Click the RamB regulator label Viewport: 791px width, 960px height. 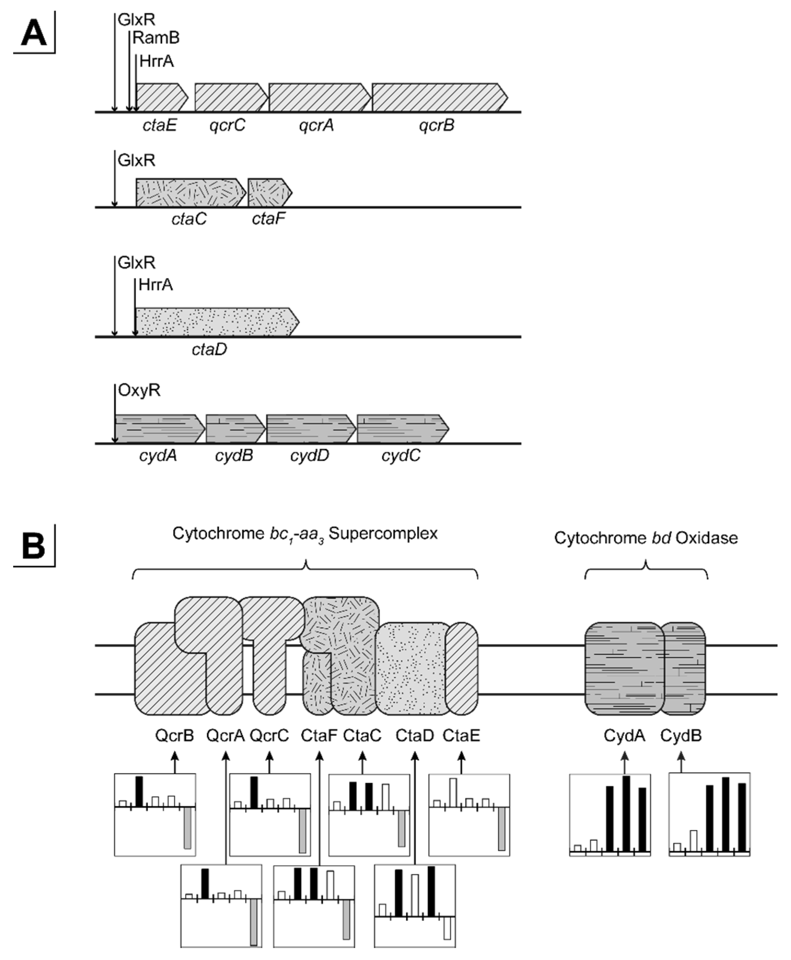(156, 38)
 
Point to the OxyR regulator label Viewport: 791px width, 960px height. (140, 390)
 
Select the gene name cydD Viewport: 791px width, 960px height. (309, 456)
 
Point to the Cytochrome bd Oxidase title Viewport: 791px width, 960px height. (646, 538)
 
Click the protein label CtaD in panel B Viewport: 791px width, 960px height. (414, 735)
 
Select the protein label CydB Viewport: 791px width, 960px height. (681, 735)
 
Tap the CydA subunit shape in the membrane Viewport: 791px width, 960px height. (624, 668)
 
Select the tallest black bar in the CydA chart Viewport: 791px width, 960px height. (626, 813)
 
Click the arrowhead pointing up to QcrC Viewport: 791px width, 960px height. (269, 755)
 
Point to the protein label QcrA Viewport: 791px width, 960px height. (225, 735)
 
